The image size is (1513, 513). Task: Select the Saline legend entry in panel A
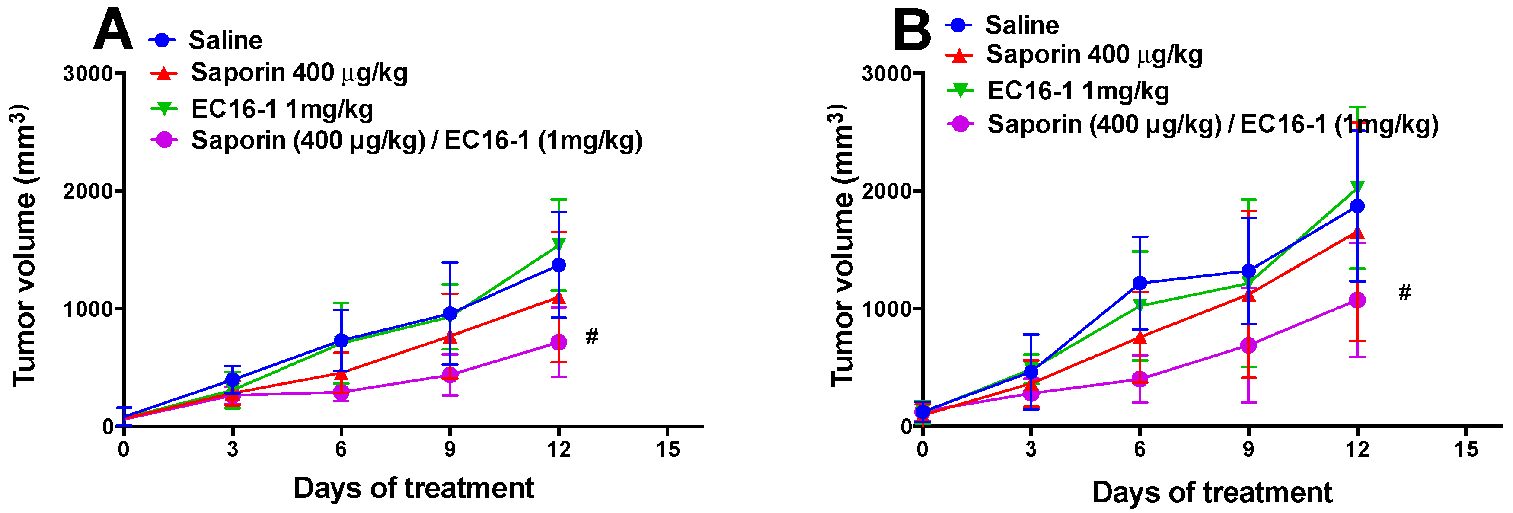tap(225, 40)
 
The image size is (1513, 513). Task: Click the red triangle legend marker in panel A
tap(164, 73)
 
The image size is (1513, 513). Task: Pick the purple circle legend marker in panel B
tap(960, 124)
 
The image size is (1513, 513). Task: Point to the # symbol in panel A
tap(592, 336)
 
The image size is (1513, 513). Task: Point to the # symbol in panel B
tap(1404, 292)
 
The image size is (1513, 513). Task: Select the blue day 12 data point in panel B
tap(1357, 206)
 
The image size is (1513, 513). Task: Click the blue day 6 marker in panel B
tap(1140, 283)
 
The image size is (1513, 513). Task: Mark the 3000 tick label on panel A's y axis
tap(88, 73)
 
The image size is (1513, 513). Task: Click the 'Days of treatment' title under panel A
tap(414, 488)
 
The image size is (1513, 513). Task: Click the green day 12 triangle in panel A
tap(559, 243)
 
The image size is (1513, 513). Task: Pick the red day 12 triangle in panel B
tap(1357, 233)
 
